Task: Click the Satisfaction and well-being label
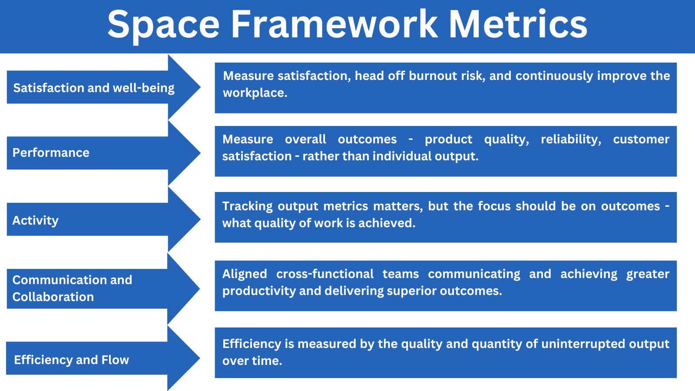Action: pos(94,88)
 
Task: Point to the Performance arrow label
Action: pos(51,152)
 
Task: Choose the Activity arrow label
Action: pos(35,221)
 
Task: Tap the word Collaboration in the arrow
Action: pos(53,297)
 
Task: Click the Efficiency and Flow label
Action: pos(71,360)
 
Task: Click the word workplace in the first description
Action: pos(255,93)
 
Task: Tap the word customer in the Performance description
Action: pos(641,139)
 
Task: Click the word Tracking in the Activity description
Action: pos(247,206)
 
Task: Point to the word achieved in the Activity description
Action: pos(387,223)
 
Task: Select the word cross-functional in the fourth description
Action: pos(325,274)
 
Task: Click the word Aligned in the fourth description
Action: pos(245,274)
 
